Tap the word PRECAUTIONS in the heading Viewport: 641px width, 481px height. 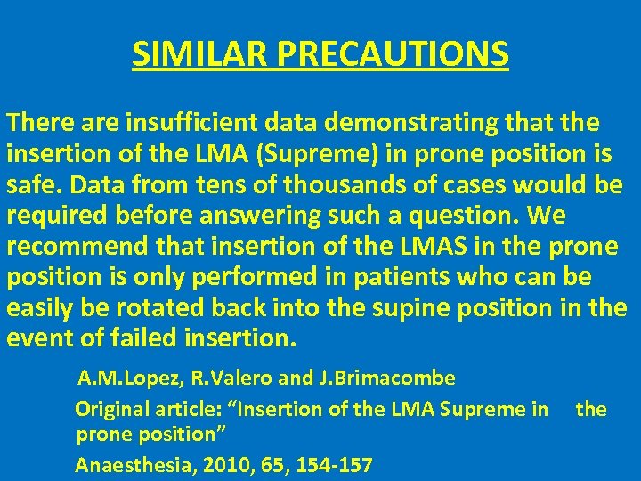(394, 53)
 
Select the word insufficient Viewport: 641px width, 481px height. (179, 122)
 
